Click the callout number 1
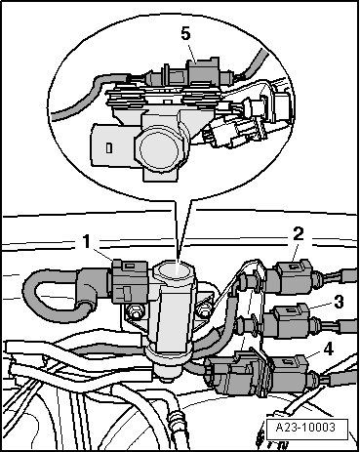point(86,242)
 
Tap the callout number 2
point(298,233)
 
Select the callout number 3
point(339,302)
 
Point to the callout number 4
point(329,349)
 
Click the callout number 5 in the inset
point(185,34)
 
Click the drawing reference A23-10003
point(305,427)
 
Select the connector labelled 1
point(130,281)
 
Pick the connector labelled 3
point(292,321)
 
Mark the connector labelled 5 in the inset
point(202,72)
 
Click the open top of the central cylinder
point(174,269)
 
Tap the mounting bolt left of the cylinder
point(135,311)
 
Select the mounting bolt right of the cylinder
point(204,310)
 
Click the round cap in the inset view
point(159,148)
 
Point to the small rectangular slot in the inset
point(108,148)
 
